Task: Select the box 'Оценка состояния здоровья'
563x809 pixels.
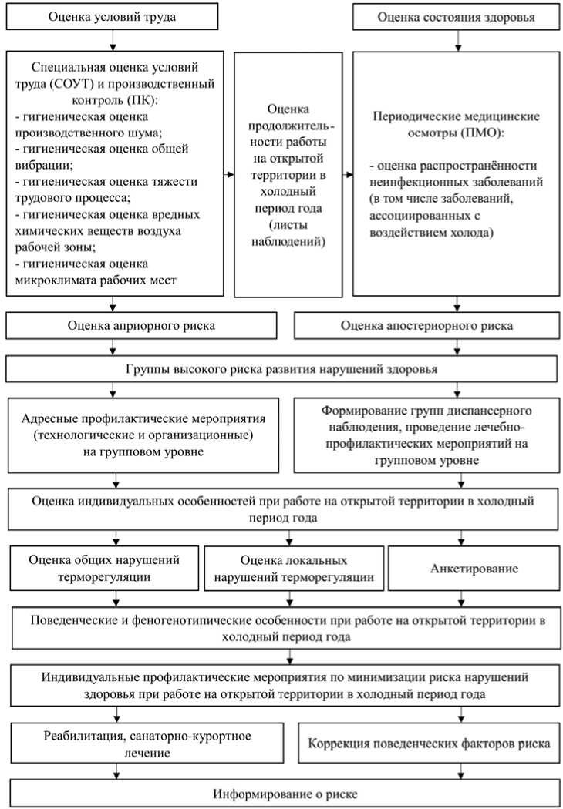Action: pos(456,15)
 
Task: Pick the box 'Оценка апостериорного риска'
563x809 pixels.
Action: pos(427,326)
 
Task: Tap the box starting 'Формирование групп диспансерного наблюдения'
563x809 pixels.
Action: pos(426,435)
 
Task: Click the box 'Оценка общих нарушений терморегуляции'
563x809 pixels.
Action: pos(104,568)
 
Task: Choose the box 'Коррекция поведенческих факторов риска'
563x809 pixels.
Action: pos(428,744)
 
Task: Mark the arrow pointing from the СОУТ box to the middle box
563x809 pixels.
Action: pos(229,174)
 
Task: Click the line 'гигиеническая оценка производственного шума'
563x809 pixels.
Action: pos(100,123)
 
